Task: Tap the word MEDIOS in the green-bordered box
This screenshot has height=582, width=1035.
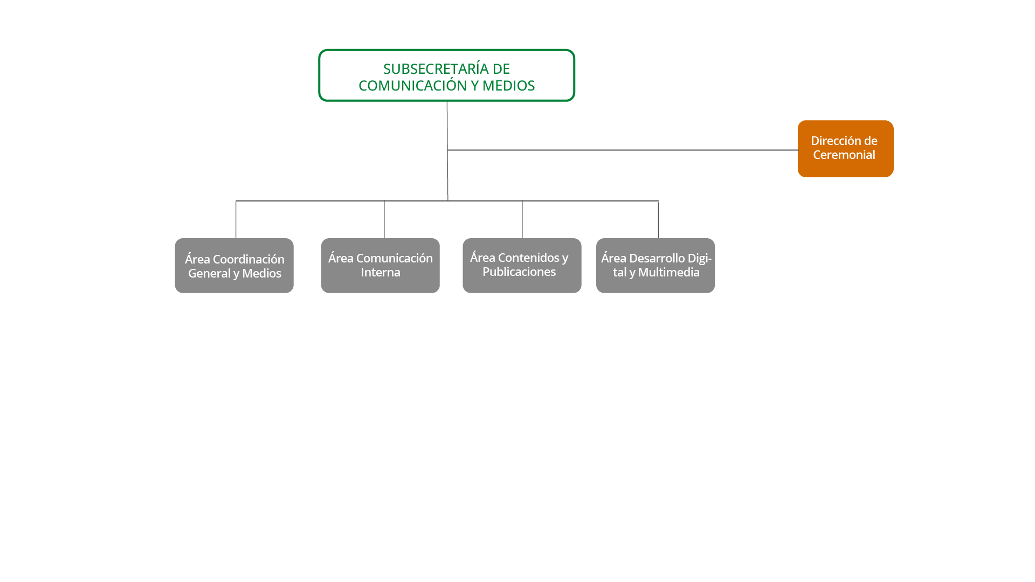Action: point(508,86)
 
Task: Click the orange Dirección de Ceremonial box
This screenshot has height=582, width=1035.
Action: point(845,149)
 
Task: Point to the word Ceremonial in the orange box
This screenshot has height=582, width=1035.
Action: point(844,155)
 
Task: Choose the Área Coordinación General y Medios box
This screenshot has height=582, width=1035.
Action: point(234,266)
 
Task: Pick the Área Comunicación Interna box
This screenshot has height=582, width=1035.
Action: point(380,266)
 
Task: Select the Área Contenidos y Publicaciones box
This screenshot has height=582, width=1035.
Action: point(522,266)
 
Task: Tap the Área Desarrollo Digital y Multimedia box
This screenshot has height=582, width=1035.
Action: point(655,266)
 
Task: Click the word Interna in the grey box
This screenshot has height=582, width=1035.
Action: point(381,273)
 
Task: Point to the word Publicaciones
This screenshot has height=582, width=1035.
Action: point(519,272)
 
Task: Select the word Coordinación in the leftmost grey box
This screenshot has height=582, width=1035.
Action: point(249,259)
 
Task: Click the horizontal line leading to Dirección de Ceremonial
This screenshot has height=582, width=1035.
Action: point(620,150)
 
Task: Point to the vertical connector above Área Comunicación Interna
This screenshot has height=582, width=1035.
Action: point(384,219)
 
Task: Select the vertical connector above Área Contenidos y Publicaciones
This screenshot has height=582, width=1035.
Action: point(522,219)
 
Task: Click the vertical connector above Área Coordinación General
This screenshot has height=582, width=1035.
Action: point(236,219)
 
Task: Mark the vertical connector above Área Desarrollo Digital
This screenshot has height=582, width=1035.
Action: point(658,219)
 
